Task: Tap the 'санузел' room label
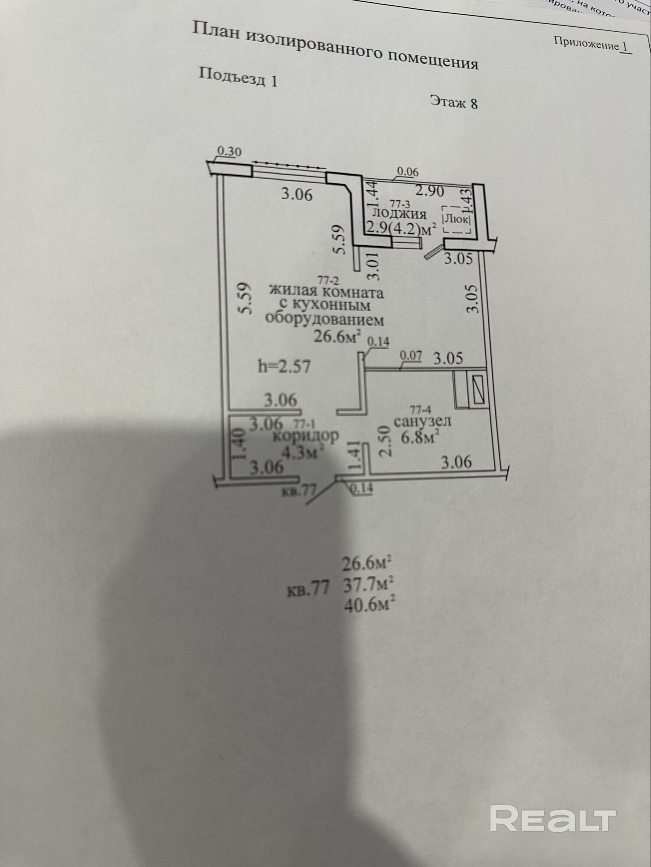coord(422,421)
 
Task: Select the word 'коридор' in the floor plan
coord(306,436)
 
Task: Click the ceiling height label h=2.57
coord(284,367)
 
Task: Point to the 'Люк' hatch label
coord(456,219)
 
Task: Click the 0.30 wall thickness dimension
coord(229,152)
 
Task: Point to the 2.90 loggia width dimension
coord(430,191)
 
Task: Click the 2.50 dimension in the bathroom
coord(385,441)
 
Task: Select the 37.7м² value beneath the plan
coord(368,585)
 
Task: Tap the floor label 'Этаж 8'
coord(454,102)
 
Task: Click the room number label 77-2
coord(329,280)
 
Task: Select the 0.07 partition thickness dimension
coord(411,356)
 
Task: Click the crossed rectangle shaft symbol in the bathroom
coord(479,389)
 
